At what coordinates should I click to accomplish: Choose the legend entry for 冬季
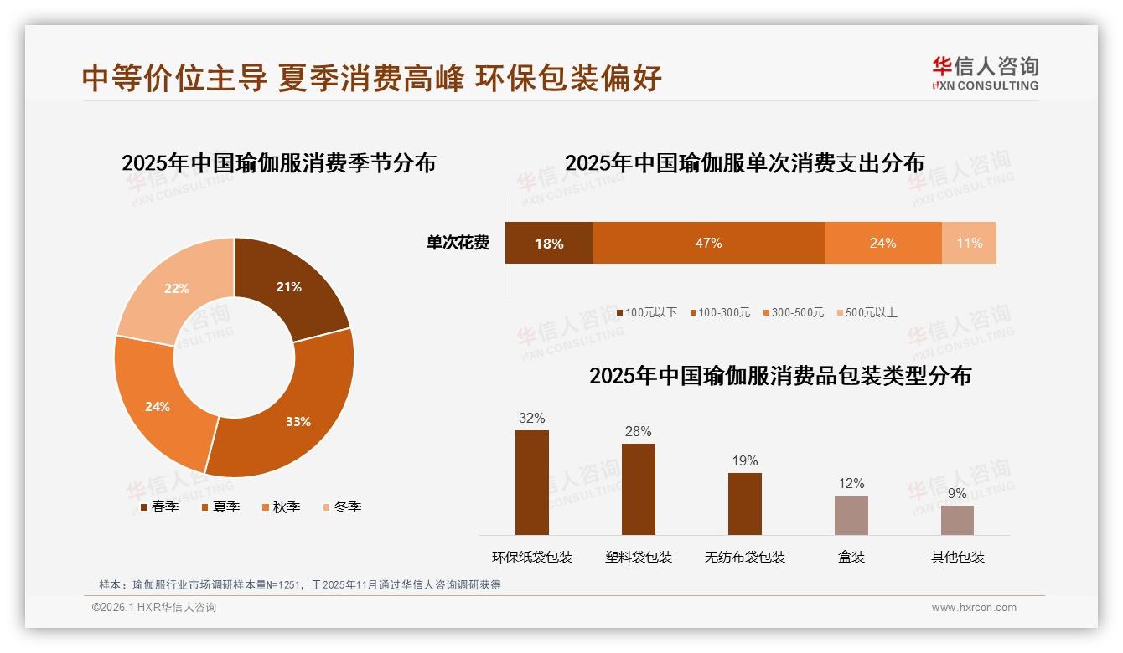point(341,506)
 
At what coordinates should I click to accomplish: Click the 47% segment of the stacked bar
point(708,244)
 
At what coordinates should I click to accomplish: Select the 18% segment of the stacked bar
point(549,244)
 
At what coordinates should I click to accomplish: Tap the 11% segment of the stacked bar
point(969,244)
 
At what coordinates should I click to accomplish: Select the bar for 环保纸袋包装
point(531,482)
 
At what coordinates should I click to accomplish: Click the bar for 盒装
point(851,515)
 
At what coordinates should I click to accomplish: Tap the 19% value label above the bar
point(744,460)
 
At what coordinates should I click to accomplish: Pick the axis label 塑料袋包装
point(639,557)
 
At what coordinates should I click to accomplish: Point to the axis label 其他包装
point(957,557)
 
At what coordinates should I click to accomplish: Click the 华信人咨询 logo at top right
point(985,73)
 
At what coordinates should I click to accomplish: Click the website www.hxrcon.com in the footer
point(974,608)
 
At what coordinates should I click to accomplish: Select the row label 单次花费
point(458,244)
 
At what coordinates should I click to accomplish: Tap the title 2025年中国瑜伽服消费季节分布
point(278,162)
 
